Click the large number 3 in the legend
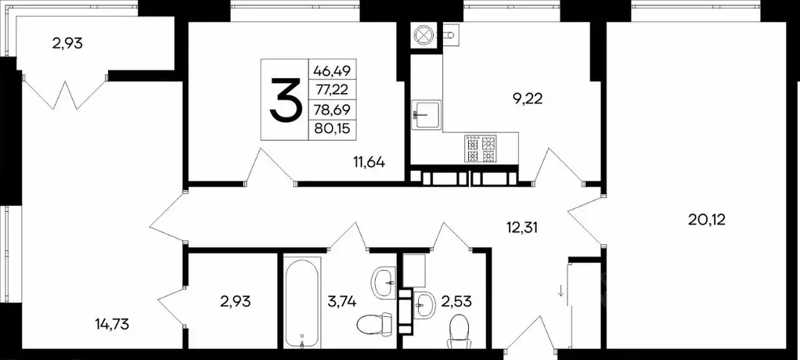[285, 100]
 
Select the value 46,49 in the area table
[331, 70]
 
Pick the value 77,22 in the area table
[331, 89]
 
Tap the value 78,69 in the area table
[331, 110]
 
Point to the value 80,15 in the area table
[331, 129]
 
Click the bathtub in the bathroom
[301, 301]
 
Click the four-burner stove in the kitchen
[481, 149]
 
